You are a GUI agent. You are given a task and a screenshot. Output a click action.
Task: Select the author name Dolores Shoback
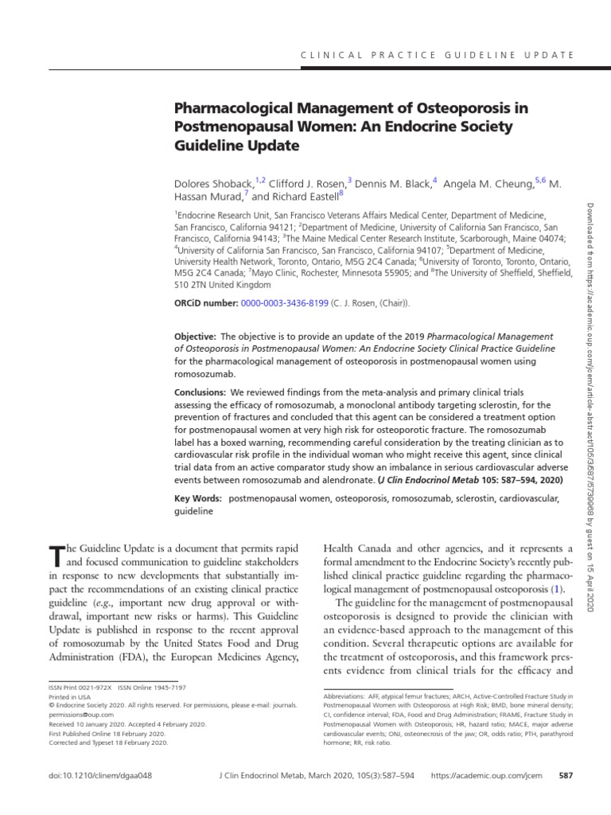[x=208, y=183]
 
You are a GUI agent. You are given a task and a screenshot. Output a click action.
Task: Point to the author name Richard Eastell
[x=309, y=197]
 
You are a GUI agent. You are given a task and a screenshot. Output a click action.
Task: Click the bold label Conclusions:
[x=200, y=392]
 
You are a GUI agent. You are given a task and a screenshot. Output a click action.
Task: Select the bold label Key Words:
[x=198, y=498]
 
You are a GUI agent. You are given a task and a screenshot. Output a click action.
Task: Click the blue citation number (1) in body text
[x=558, y=589]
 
